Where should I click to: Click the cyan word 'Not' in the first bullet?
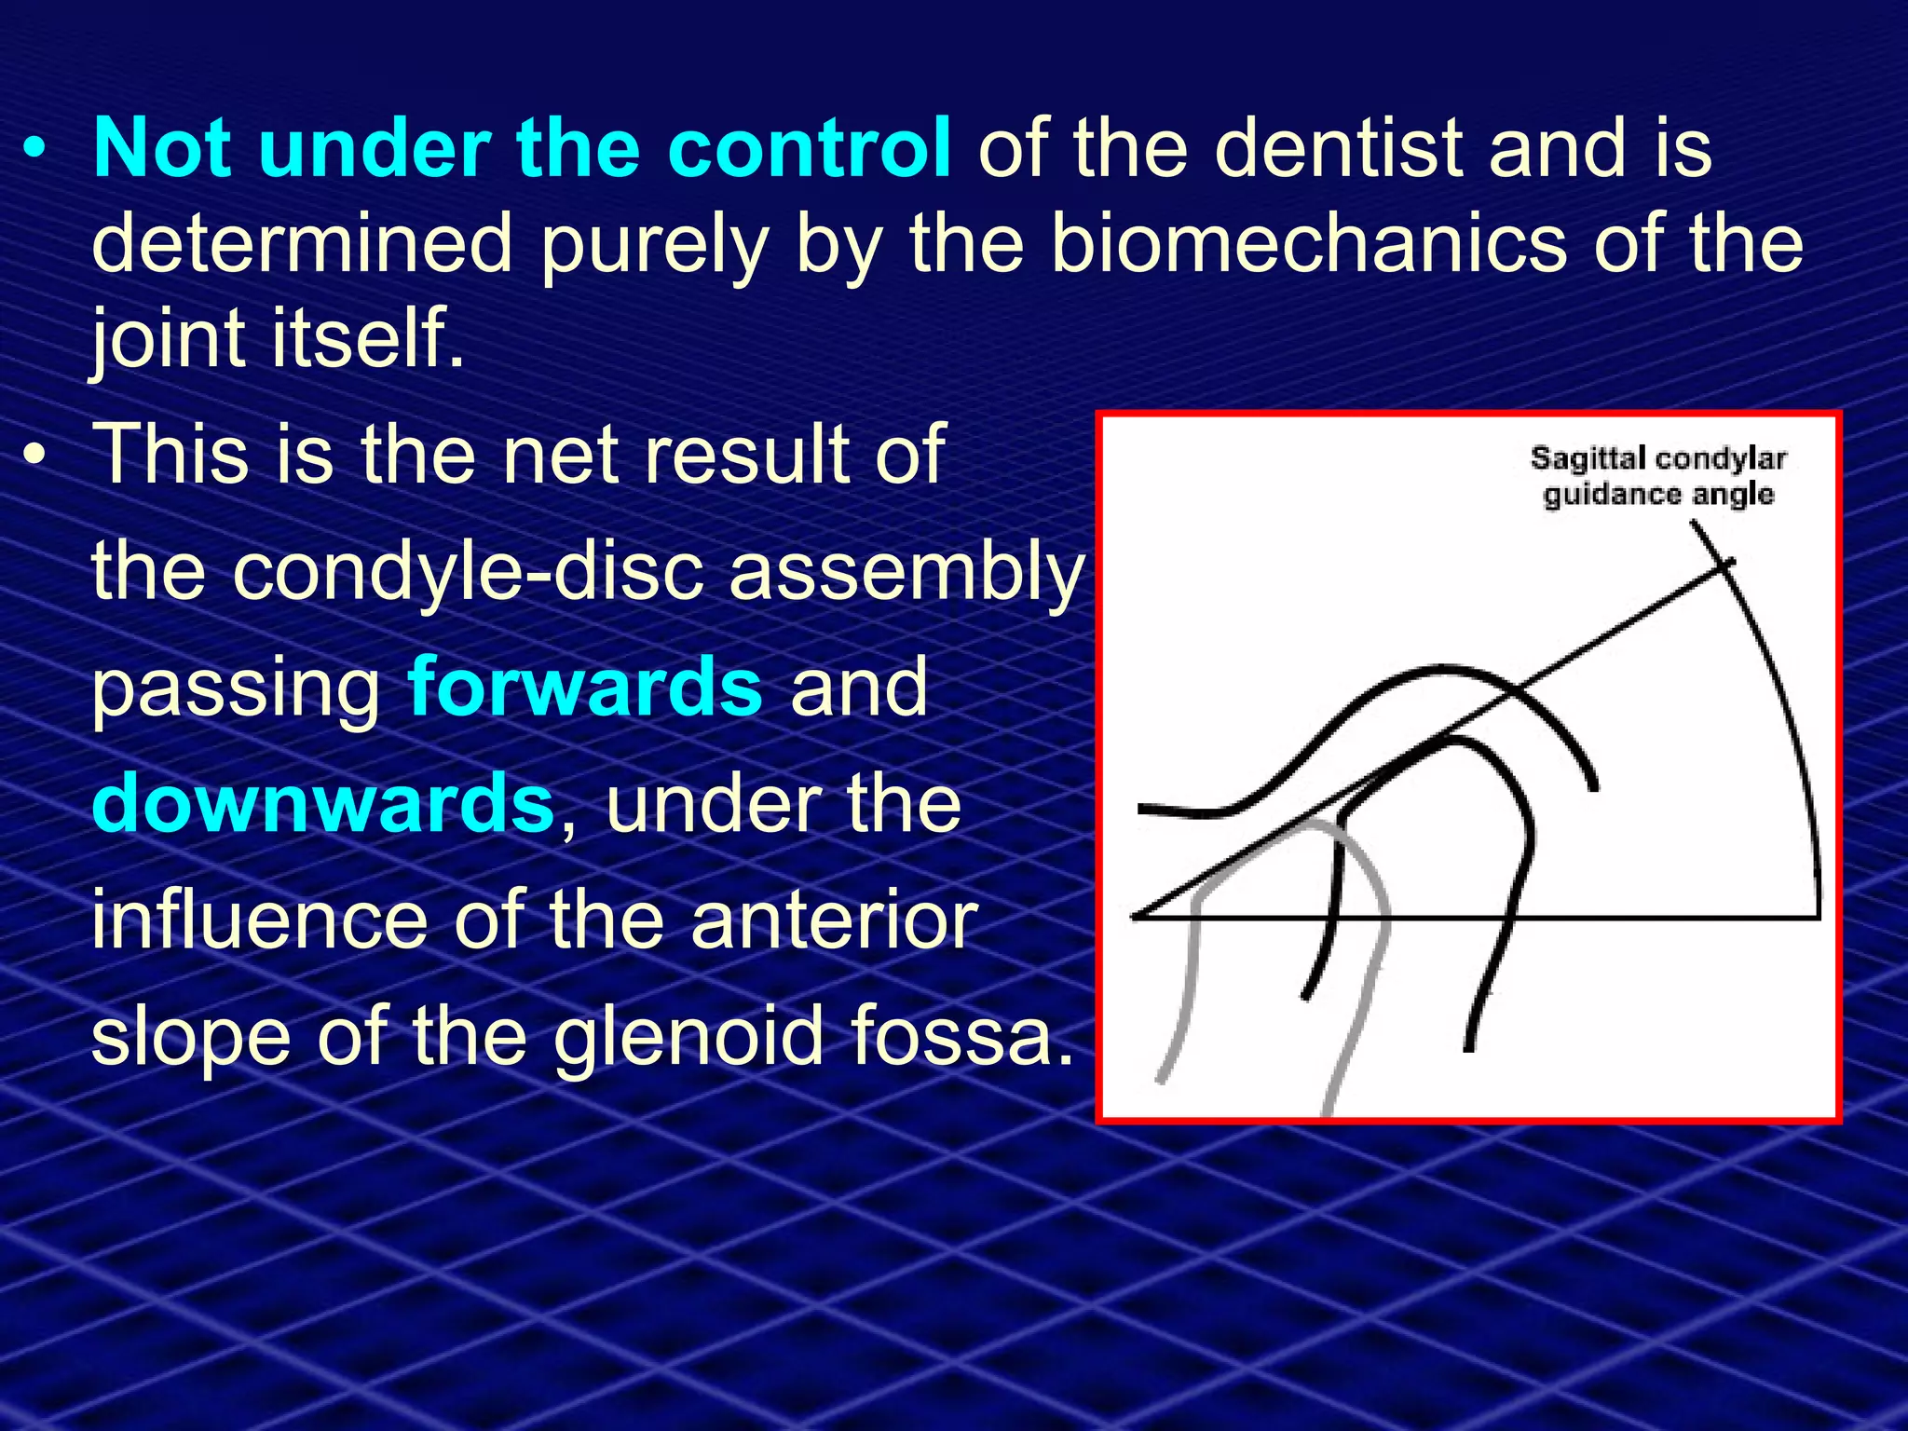pyautogui.click(x=161, y=149)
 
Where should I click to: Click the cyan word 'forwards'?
pyautogui.click(x=585, y=687)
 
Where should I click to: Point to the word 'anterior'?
pyautogui.click(x=834, y=920)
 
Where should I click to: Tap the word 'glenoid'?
pyautogui.click(x=688, y=1037)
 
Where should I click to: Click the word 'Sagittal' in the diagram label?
pyautogui.click(x=1588, y=458)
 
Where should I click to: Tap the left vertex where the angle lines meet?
pyautogui.click(x=1134, y=917)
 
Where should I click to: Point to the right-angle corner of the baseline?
pyautogui.click(x=1817, y=918)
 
